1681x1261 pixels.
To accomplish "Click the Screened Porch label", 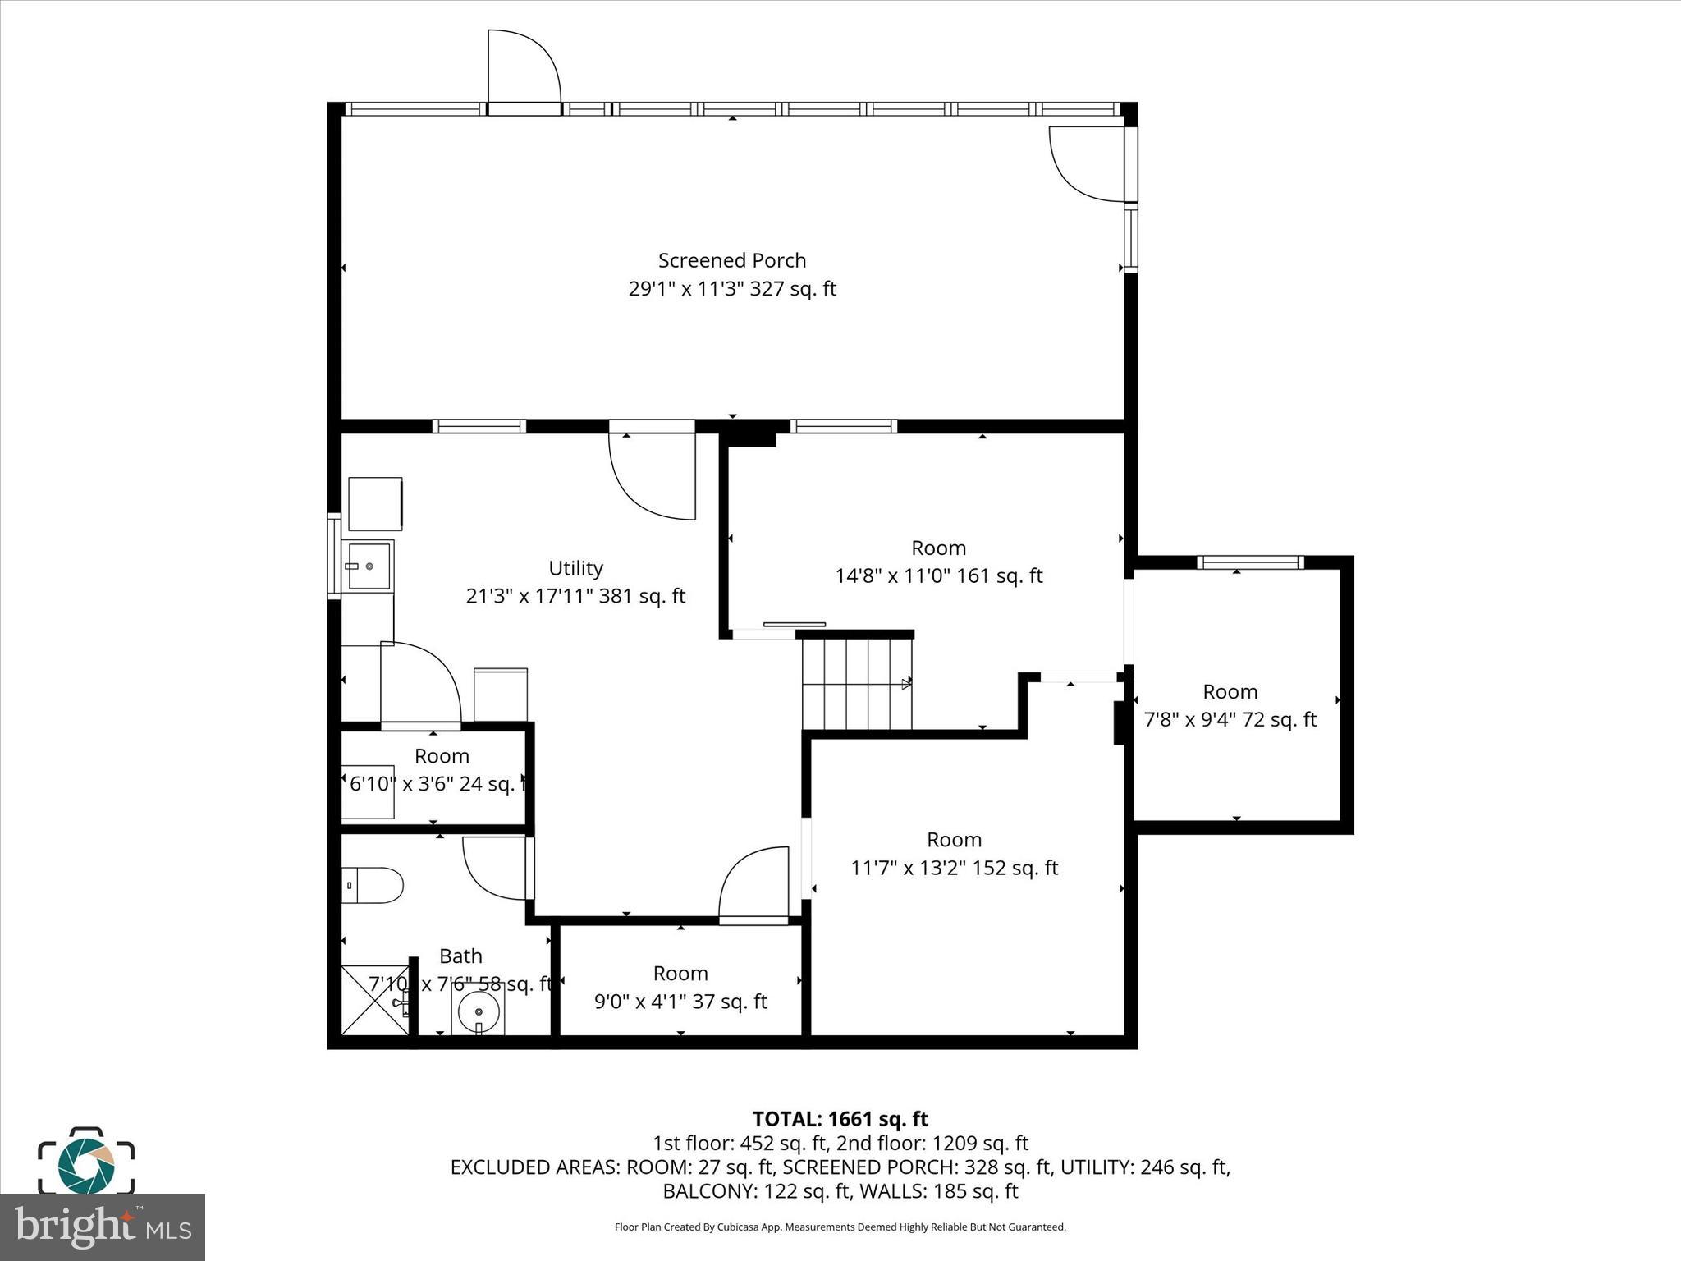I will point(732,260).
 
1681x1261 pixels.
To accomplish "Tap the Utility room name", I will point(575,568).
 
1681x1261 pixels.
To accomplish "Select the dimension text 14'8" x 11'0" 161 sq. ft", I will point(938,575).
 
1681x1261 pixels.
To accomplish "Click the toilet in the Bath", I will point(373,886).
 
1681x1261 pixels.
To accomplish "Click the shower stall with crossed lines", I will point(374,1000).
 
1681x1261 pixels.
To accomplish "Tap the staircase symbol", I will point(856,685).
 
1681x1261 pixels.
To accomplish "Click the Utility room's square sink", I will point(369,565).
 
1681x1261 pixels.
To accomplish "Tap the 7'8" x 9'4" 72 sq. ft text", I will point(1230,720).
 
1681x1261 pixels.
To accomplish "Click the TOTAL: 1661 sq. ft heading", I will point(840,1119).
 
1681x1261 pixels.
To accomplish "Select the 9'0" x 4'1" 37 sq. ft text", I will point(680,1002).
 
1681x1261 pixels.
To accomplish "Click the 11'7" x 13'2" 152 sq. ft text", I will point(954,868).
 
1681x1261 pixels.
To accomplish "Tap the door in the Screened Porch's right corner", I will point(1088,164).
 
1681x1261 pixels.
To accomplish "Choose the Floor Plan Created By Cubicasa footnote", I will point(840,1227).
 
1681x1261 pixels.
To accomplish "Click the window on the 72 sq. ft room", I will point(1249,562).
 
